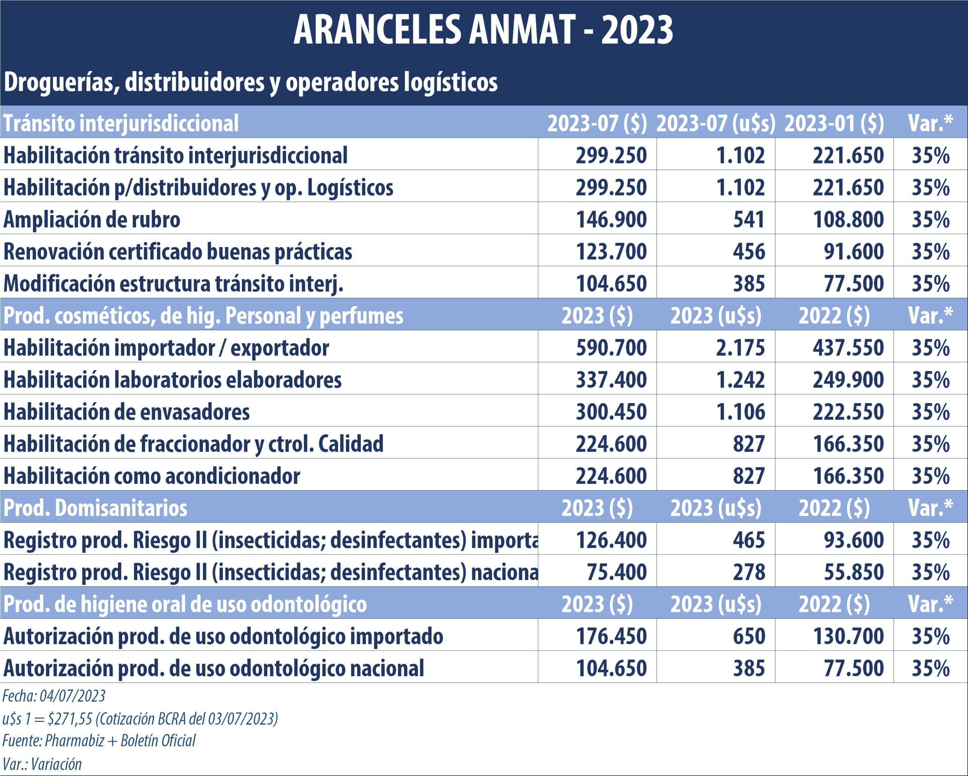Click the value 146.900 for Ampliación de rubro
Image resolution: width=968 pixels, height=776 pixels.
pyautogui.click(x=611, y=220)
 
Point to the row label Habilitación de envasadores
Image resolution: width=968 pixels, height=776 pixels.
pyautogui.click(x=127, y=412)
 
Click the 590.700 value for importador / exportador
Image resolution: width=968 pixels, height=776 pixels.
pyautogui.click(x=611, y=348)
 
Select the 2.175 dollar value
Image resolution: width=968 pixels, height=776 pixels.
pyautogui.click(x=740, y=348)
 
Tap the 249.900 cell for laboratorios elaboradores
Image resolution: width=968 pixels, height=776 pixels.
pyautogui.click(x=848, y=380)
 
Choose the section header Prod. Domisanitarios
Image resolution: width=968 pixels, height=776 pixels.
pyautogui.click(x=95, y=508)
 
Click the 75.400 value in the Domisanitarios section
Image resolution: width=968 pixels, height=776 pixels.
pyautogui.click(x=616, y=572)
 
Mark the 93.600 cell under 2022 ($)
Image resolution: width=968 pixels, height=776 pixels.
pyautogui.click(x=853, y=540)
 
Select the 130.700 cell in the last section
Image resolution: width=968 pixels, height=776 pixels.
pyautogui.click(x=848, y=636)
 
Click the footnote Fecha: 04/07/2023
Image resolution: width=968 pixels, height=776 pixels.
pyautogui.click(x=54, y=697)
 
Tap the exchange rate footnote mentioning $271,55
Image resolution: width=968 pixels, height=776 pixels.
pyautogui.click(x=140, y=719)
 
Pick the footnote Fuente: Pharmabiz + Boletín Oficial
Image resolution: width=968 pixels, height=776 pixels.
pyautogui.click(x=99, y=740)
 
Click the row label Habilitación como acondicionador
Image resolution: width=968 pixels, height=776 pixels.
pyautogui.click(x=152, y=476)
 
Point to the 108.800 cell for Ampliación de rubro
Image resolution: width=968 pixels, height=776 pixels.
pyautogui.click(x=848, y=220)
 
